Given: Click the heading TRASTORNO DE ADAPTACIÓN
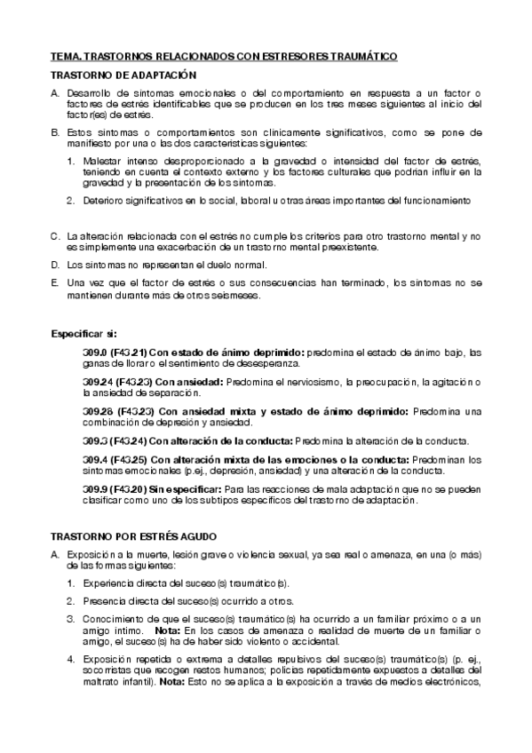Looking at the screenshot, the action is coord(123,76).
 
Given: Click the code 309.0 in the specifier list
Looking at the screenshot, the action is coord(94,353).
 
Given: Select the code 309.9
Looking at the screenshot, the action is coord(94,489).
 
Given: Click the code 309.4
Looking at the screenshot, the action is coord(94,460).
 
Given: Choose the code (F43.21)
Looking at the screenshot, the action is coord(129,353).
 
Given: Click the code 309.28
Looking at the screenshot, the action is coord(97,412).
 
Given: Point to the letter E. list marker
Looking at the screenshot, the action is coord(55,282).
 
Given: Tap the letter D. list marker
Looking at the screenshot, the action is coord(55,265).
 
